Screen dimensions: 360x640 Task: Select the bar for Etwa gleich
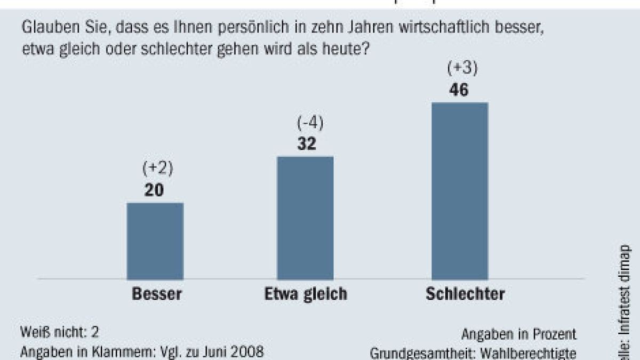(x=306, y=217)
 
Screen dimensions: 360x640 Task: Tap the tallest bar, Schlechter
(x=459, y=190)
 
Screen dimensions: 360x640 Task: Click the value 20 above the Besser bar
(x=154, y=190)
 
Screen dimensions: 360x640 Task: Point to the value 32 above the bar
(x=305, y=144)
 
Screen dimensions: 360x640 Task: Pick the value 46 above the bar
(x=459, y=90)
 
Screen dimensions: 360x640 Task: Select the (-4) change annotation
(x=310, y=124)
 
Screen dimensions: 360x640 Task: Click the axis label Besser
(x=156, y=294)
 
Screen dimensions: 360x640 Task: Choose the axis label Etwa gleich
(x=305, y=294)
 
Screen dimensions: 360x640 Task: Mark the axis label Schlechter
(x=465, y=294)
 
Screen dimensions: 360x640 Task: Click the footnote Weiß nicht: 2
(x=60, y=332)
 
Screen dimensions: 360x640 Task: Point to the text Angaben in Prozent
(x=519, y=334)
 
